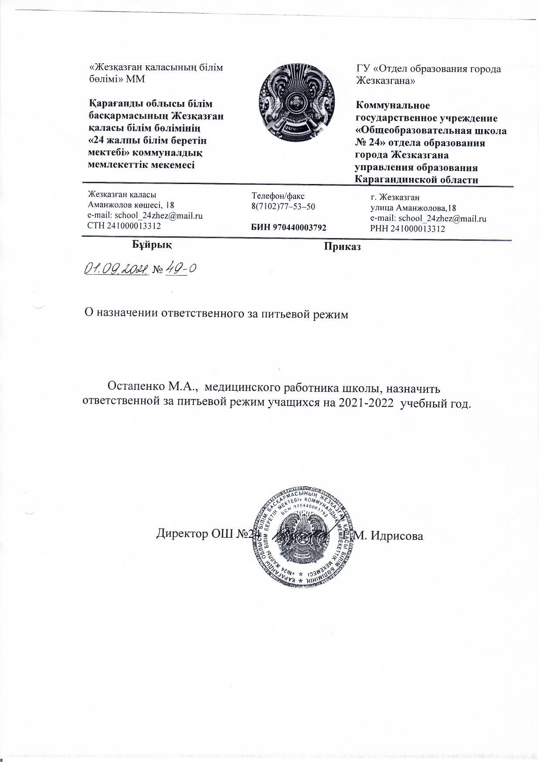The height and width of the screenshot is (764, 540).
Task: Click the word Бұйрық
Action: [x=152, y=245]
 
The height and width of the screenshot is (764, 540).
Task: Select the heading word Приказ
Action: [x=342, y=247]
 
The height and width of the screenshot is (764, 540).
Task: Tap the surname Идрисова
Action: [x=397, y=535]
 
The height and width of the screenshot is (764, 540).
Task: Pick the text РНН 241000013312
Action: [x=408, y=229]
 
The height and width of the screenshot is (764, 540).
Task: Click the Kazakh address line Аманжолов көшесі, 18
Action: [x=131, y=205]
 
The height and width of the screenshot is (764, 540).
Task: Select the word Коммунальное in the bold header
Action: [x=393, y=106]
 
